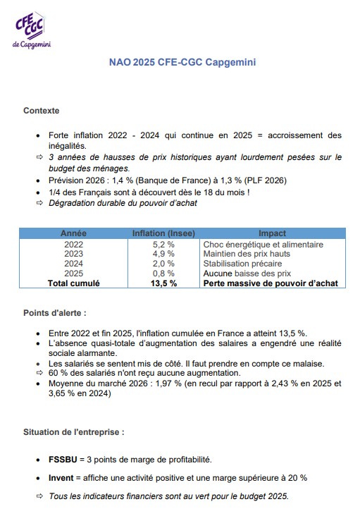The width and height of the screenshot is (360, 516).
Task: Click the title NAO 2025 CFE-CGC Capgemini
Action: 182,63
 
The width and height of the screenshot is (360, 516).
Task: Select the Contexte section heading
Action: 41,111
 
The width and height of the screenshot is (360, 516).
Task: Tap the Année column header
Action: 73,233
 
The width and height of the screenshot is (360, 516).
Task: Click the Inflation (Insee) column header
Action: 163,233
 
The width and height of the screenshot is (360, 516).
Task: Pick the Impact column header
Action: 272,233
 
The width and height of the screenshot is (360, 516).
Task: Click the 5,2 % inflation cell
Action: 163,245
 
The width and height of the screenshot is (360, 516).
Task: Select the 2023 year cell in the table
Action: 73,254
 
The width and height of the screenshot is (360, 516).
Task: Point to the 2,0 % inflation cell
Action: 163,264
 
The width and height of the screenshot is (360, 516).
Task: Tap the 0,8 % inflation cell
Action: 163,273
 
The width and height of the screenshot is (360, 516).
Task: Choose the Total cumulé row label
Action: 73,283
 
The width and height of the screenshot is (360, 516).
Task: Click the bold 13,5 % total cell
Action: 163,283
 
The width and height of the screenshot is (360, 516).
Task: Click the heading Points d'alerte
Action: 55,312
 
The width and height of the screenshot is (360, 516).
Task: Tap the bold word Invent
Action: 61,478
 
